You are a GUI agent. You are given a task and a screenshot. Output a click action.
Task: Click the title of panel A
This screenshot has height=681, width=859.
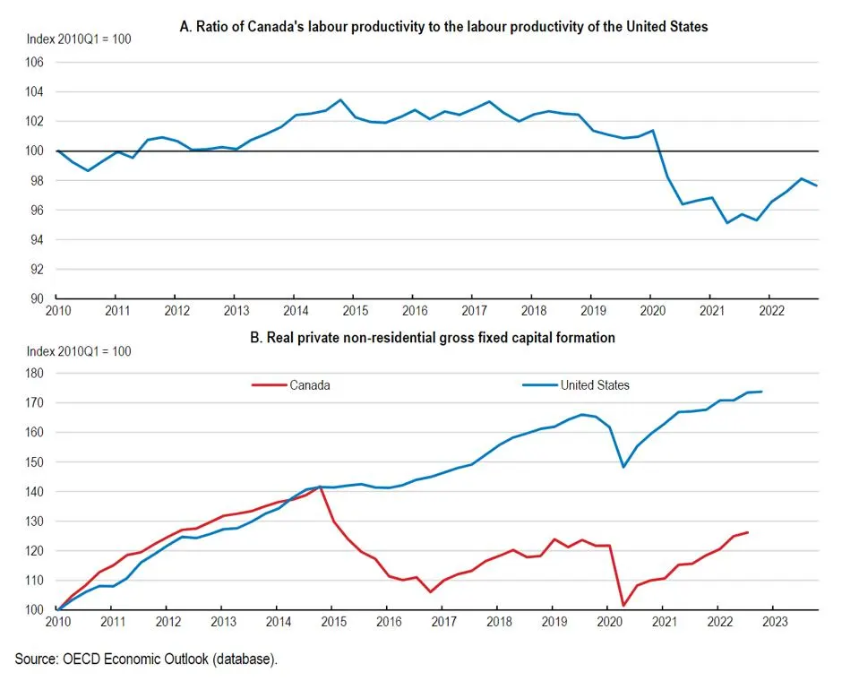click(x=444, y=27)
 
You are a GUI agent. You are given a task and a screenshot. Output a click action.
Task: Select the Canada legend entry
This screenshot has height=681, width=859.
click(x=308, y=385)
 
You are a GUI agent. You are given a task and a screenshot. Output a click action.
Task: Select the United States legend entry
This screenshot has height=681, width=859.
click(x=595, y=385)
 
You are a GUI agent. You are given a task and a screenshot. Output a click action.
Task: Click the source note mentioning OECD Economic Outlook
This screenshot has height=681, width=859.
click(x=146, y=659)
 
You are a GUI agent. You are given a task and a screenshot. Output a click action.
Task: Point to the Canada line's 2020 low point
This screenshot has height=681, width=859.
click(x=623, y=606)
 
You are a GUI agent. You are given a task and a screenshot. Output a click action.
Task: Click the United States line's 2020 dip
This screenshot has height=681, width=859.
click(x=623, y=466)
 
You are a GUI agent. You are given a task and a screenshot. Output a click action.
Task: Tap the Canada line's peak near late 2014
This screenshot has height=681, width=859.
click(x=320, y=487)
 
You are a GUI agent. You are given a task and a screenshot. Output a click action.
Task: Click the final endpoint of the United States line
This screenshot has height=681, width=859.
click(x=761, y=392)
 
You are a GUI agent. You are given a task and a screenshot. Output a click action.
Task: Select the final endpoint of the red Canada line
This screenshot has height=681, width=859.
click(x=748, y=532)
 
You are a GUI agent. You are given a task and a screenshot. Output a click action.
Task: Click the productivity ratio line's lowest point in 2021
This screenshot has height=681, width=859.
click(x=726, y=222)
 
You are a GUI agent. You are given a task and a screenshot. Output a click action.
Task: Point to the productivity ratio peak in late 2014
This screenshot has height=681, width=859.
click(x=340, y=99)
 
